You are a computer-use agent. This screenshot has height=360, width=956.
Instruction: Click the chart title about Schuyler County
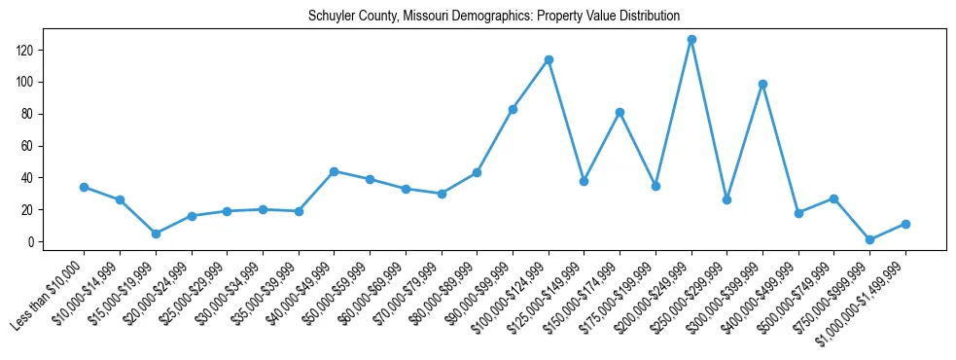coord(493,17)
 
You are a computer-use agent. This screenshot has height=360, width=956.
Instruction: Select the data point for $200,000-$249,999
coord(691,40)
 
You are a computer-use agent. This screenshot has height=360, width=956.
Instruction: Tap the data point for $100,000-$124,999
coord(549,60)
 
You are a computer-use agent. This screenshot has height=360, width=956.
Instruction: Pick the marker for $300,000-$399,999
coord(762,84)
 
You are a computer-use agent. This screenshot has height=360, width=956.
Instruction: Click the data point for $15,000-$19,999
coord(156,234)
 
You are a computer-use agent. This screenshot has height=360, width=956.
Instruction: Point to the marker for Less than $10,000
coord(84,187)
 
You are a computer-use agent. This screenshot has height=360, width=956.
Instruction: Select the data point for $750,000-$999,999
coord(869,239)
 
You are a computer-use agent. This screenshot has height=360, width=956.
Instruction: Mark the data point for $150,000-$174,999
coord(620,113)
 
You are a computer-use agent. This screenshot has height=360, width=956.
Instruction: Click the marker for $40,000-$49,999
coord(334,171)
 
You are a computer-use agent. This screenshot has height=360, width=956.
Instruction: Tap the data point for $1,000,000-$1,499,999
coord(905,224)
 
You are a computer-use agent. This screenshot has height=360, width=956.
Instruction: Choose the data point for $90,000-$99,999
coord(513,109)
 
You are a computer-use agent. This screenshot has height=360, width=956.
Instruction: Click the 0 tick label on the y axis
coord(32,242)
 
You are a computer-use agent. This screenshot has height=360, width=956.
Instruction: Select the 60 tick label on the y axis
coord(29,146)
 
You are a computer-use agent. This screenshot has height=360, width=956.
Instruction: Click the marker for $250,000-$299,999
coord(726,199)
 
